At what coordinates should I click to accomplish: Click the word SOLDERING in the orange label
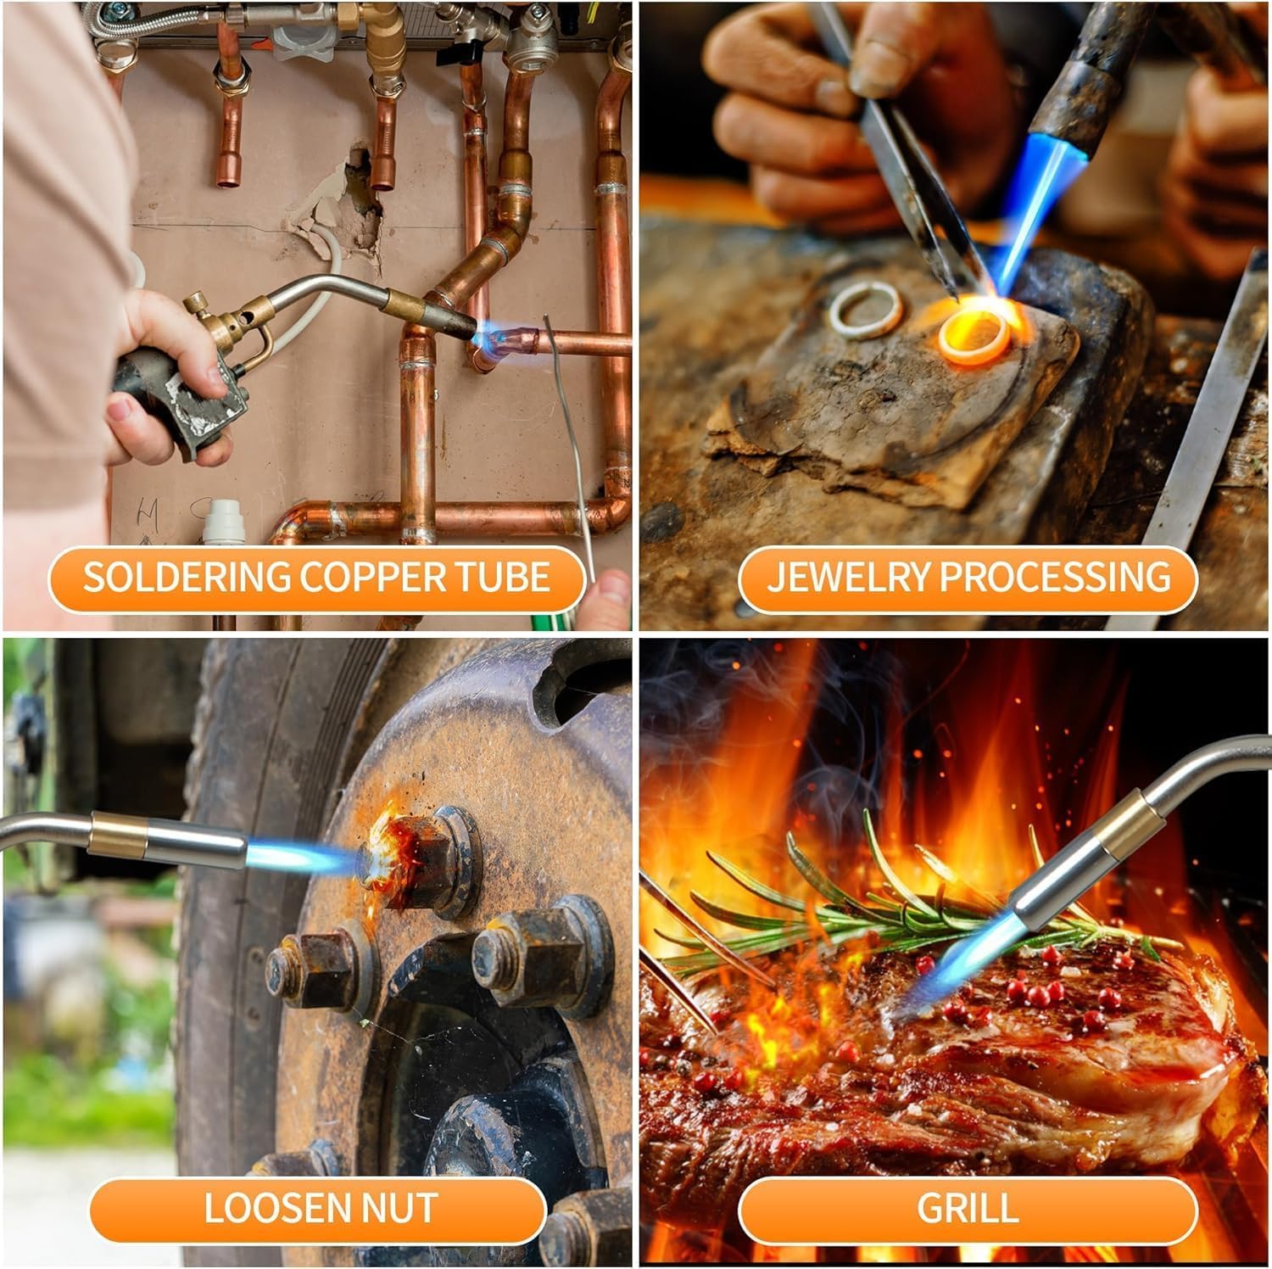[x=186, y=578]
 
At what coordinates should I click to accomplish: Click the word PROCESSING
[x=1055, y=578]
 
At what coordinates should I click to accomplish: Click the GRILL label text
[x=968, y=1208]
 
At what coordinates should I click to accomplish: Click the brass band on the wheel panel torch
[x=118, y=831]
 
